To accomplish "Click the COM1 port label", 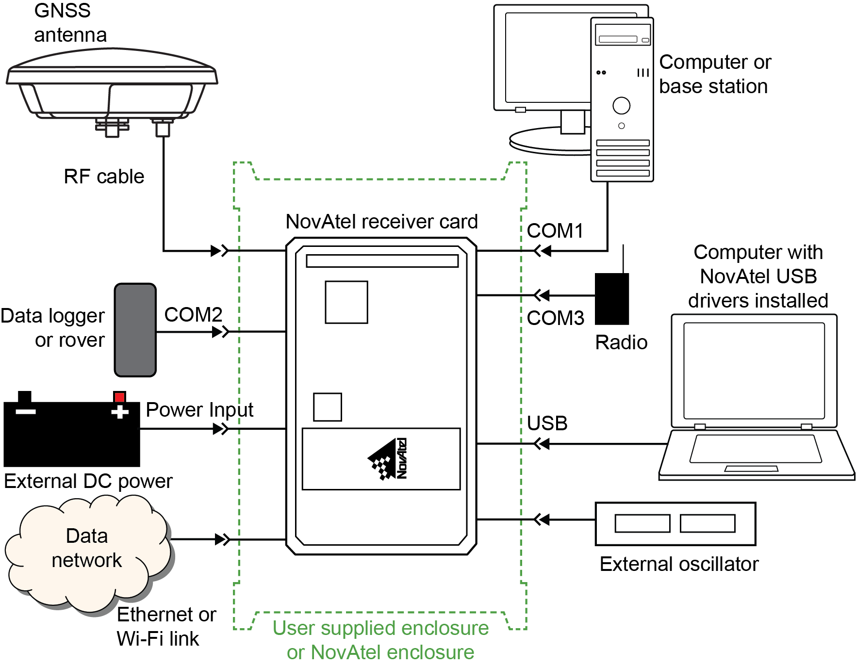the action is click(555, 231).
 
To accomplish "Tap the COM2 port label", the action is click(193, 315).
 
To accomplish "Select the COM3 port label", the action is click(556, 318).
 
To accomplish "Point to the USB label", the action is click(547, 423).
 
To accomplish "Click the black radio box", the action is click(612, 299).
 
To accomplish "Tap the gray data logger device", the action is click(135, 330).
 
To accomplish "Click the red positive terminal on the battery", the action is click(119, 397).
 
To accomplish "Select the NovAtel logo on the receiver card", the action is click(388, 459).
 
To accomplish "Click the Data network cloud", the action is click(87, 553).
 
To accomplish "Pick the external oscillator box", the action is click(675, 524).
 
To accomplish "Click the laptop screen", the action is click(754, 371).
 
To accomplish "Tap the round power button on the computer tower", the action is click(622, 105).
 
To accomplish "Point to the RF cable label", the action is click(104, 177).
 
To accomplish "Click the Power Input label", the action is click(199, 410).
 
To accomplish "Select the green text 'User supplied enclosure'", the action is click(380, 628).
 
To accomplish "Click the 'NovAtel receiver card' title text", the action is click(382, 222).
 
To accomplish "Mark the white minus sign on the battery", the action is click(26, 412).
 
